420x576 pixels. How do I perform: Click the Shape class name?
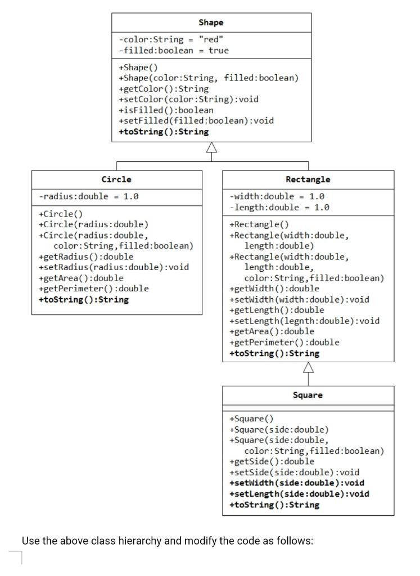click(211, 22)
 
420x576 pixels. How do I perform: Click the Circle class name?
click(116, 179)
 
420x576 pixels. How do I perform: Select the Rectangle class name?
click(308, 179)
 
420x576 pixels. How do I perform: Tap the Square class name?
click(308, 395)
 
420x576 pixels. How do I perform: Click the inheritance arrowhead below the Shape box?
click(211, 147)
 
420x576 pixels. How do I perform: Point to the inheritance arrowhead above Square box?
click(308, 367)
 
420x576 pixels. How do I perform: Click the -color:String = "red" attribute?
click(171, 39)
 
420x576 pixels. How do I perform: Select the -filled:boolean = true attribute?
click(174, 50)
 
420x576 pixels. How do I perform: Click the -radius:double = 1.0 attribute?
click(88, 196)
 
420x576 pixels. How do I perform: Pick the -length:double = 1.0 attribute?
click(279, 207)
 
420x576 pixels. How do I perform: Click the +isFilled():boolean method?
click(166, 110)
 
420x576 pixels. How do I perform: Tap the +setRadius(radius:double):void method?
click(114, 267)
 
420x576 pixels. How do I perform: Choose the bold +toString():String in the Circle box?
click(83, 299)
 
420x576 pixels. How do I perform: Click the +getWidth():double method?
click(274, 289)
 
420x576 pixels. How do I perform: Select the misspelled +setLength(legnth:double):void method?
click(304, 321)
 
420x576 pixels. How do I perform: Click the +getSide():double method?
click(272, 461)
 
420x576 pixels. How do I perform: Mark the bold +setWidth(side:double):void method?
click(297, 483)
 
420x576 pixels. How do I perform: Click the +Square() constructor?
click(251, 418)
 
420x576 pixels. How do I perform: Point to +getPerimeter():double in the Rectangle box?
click(284, 342)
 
